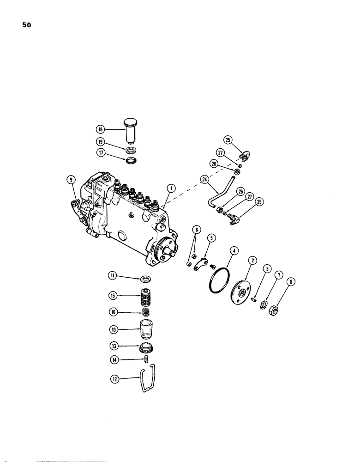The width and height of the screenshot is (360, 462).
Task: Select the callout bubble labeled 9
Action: (70, 179)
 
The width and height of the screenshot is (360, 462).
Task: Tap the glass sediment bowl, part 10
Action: (146, 333)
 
